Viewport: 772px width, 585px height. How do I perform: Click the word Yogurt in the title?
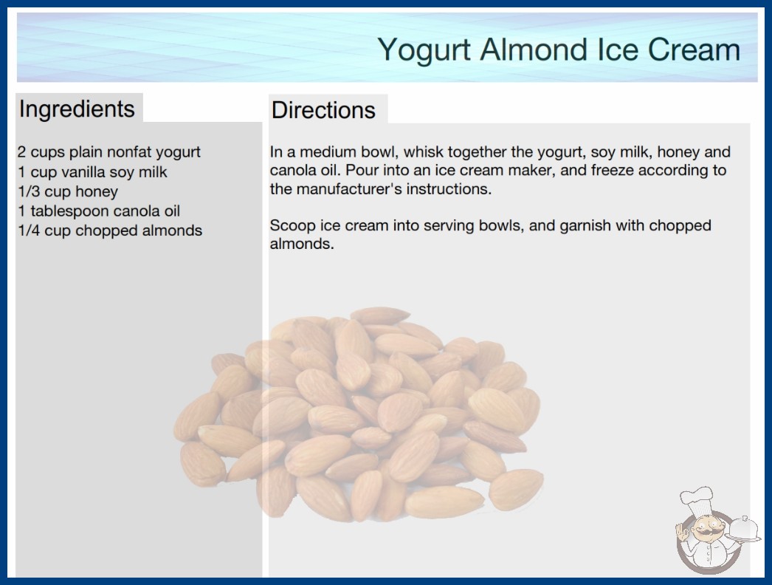(x=424, y=51)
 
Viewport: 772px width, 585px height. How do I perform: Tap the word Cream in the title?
(x=694, y=49)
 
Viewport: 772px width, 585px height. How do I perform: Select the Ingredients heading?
(x=77, y=109)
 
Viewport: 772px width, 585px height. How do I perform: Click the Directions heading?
(x=323, y=110)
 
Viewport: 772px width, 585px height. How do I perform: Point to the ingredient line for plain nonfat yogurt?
(x=108, y=152)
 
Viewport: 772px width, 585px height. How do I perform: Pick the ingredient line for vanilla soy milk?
(x=92, y=172)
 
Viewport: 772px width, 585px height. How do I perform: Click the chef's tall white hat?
(x=697, y=499)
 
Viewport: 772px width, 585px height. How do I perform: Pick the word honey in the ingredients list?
(x=97, y=192)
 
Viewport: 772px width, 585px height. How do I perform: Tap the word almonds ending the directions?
(x=301, y=244)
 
